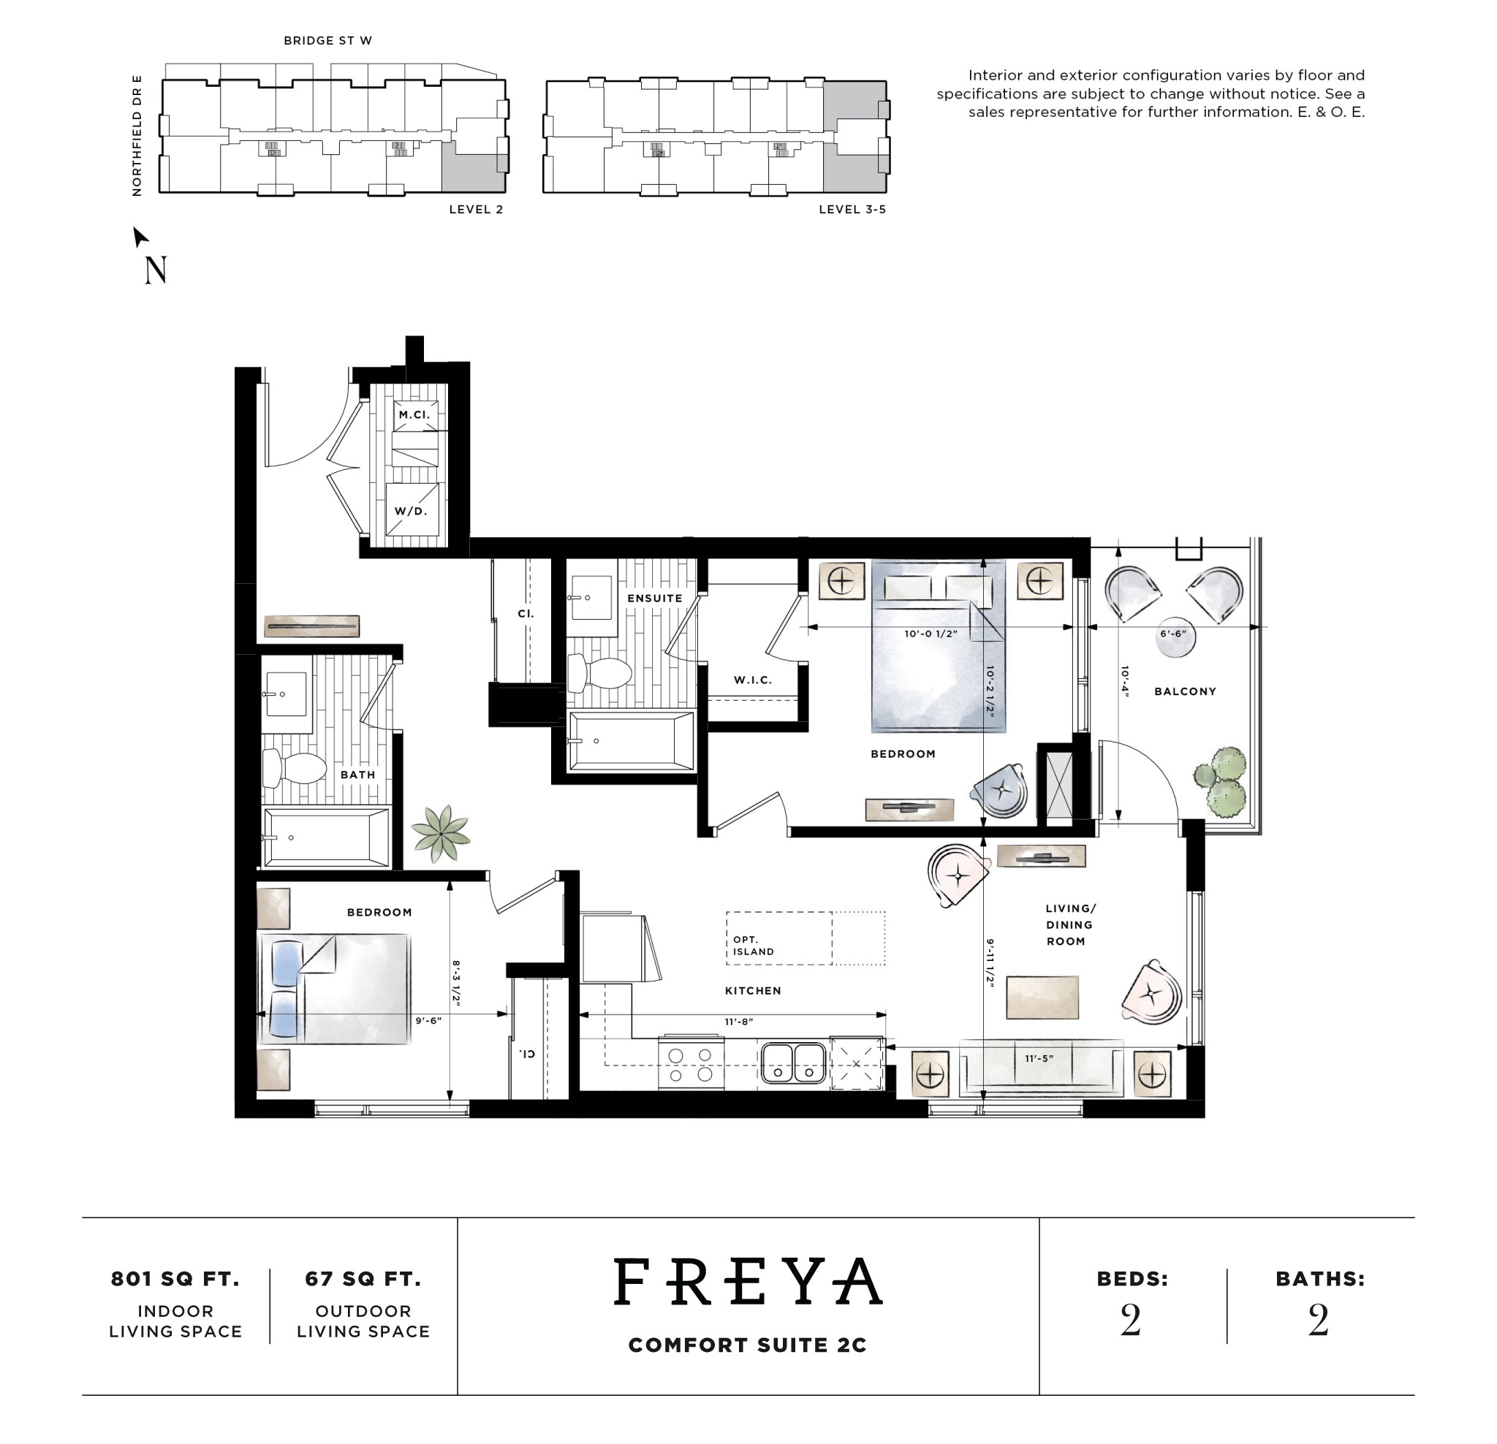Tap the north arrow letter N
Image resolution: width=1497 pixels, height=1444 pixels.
pos(155,270)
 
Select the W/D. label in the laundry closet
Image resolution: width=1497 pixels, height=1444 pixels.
pos(411,511)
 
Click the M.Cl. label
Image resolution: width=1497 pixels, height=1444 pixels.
pos(414,414)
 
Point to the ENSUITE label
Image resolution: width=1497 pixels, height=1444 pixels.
pos(654,598)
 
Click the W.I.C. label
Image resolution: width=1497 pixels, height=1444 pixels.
pos(752,680)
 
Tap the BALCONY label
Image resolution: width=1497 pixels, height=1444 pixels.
pos(1185,691)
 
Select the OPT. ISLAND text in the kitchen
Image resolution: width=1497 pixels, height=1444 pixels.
pos(753,946)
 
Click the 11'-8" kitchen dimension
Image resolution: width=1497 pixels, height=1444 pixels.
pos(738,1022)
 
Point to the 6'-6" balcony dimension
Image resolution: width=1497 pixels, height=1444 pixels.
pos(1173,634)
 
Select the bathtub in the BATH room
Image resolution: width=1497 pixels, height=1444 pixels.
pos(326,837)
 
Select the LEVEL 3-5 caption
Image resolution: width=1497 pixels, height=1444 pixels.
pos(852,209)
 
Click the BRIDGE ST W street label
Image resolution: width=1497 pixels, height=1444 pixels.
pos(327,40)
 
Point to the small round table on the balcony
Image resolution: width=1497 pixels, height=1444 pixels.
pos(1175,640)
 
